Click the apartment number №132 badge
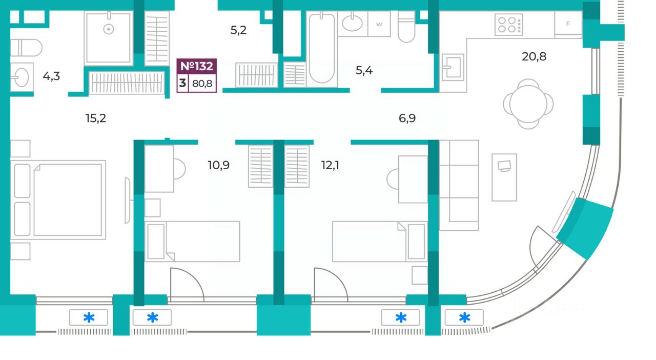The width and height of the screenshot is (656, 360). (x=197, y=66)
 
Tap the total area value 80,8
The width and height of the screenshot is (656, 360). (x=202, y=84)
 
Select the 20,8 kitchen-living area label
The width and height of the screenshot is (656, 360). (x=534, y=56)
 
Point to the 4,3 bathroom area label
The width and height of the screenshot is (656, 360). (x=51, y=77)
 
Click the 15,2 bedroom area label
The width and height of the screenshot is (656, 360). (x=96, y=118)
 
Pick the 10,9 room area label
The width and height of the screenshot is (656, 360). (x=219, y=165)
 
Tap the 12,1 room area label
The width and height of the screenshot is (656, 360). (x=330, y=165)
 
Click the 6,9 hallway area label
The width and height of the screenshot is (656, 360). (x=407, y=118)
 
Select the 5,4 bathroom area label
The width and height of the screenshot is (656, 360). (x=364, y=70)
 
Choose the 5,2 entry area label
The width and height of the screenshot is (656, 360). (x=238, y=30)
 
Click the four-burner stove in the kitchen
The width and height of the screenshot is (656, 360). (x=508, y=24)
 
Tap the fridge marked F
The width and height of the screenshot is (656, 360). (x=568, y=24)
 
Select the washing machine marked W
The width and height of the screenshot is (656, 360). (x=379, y=24)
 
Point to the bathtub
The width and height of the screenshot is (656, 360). (x=321, y=49)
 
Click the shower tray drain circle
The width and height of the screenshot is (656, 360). (x=108, y=29)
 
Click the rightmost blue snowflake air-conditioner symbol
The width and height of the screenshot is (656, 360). (x=464, y=318)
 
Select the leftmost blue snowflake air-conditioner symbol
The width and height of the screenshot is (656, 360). (x=89, y=318)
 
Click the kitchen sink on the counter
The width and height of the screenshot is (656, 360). (x=453, y=67)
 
